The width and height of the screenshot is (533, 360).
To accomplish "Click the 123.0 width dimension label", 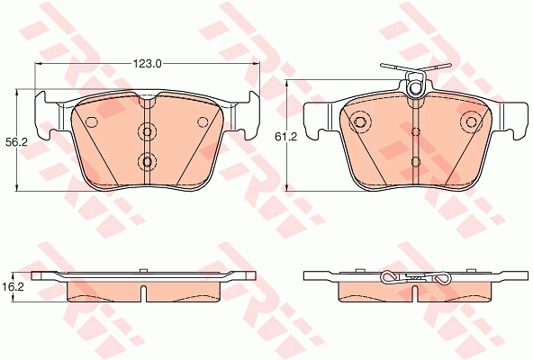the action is pos(147,63).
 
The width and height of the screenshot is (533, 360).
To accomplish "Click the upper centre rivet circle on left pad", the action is pos(147,131).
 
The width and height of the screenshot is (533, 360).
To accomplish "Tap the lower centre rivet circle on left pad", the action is pos(147,161).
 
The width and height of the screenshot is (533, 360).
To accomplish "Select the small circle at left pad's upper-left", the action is pos(92,121).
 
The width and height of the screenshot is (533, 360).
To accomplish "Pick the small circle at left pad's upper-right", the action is pos(203,121).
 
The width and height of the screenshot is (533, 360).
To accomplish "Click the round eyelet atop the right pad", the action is pos(414,87).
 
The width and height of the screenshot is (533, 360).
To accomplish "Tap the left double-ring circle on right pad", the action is pos(359,121).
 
